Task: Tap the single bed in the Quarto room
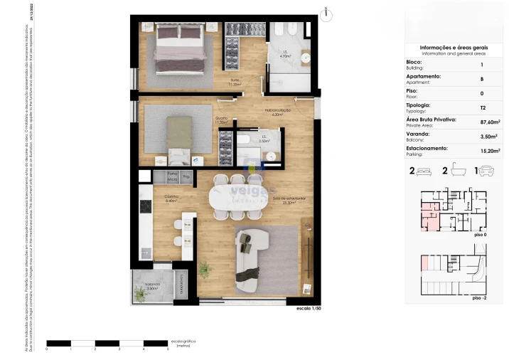click(x=179, y=135)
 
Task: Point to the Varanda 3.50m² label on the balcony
click(x=152, y=286)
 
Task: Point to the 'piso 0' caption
click(x=479, y=233)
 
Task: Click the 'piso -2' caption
click(x=479, y=299)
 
